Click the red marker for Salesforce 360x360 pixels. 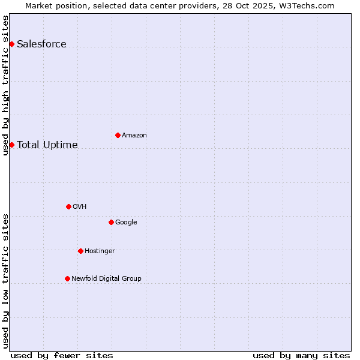(x=11, y=44)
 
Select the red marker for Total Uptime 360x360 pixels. (x=11, y=145)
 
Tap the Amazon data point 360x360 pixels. (x=118, y=135)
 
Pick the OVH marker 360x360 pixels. (x=68, y=206)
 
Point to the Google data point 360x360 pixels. (x=111, y=222)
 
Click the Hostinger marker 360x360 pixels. (x=80, y=251)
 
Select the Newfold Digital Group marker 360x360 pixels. (x=67, y=278)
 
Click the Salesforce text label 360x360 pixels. (x=41, y=44)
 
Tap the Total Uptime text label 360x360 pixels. (x=47, y=145)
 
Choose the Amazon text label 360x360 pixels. (x=134, y=135)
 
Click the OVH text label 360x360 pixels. (x=80, y=206)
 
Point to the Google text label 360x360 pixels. (x=126, y=222)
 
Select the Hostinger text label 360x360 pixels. (x=100, y=251)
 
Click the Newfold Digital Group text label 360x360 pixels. (x=106, y=278)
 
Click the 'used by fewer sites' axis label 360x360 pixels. (x=62, y=355)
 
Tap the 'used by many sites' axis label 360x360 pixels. (x=301, y=355)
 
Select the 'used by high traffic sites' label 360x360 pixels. (x=5, y=85)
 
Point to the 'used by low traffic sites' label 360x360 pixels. (x=5, y=281)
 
